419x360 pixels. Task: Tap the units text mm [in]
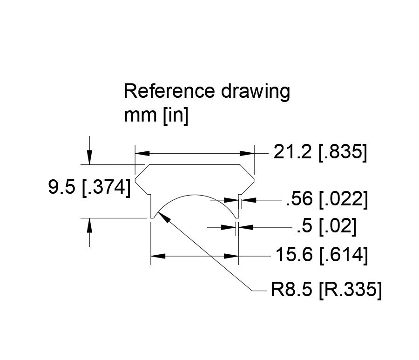click(155, 116)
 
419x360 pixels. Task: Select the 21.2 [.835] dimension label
click(320, 152)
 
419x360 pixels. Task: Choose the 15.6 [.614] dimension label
click(321, 255)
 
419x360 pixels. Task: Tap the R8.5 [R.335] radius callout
click(326, 291)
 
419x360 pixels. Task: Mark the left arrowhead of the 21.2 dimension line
click(141, 153)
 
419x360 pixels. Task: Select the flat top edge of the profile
click(195, 164)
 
